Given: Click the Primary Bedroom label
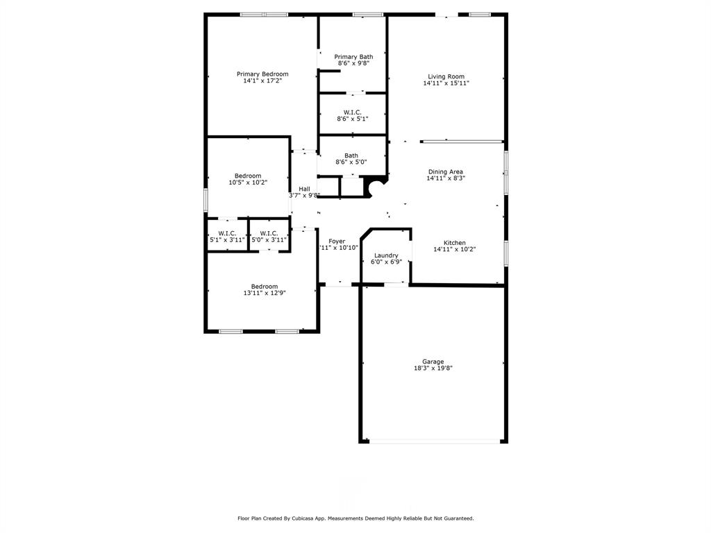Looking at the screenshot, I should pyautogui.click(x=262, y=74).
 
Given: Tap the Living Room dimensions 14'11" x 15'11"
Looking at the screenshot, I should pyautogui.click(x=446, y=83).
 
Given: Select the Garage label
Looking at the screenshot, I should pyautogui.click(x=433, y=362).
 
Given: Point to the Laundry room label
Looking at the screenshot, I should pyautogui.click(x=386, y=255).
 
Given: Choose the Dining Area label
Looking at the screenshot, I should pyautogui.click(x=446, y=171).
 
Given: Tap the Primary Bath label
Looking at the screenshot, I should pyautogui.click(x=353, y=57).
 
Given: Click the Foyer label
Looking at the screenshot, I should pyautogui.click(x=337, y=242).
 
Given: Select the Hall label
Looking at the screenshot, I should pyautogui.click(x=304, y=189).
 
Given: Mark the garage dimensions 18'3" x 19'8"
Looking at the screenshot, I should pyautogui.click(x=433, y=369).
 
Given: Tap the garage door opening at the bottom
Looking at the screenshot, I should pyautogui.click(x=433, y=441).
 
